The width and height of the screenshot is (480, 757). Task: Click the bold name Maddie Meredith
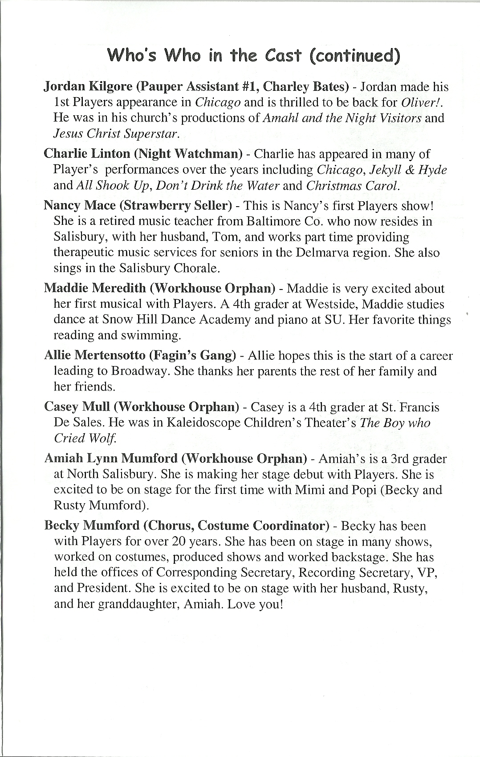coord(95,288)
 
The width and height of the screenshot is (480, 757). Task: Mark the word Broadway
coord(139,371)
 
